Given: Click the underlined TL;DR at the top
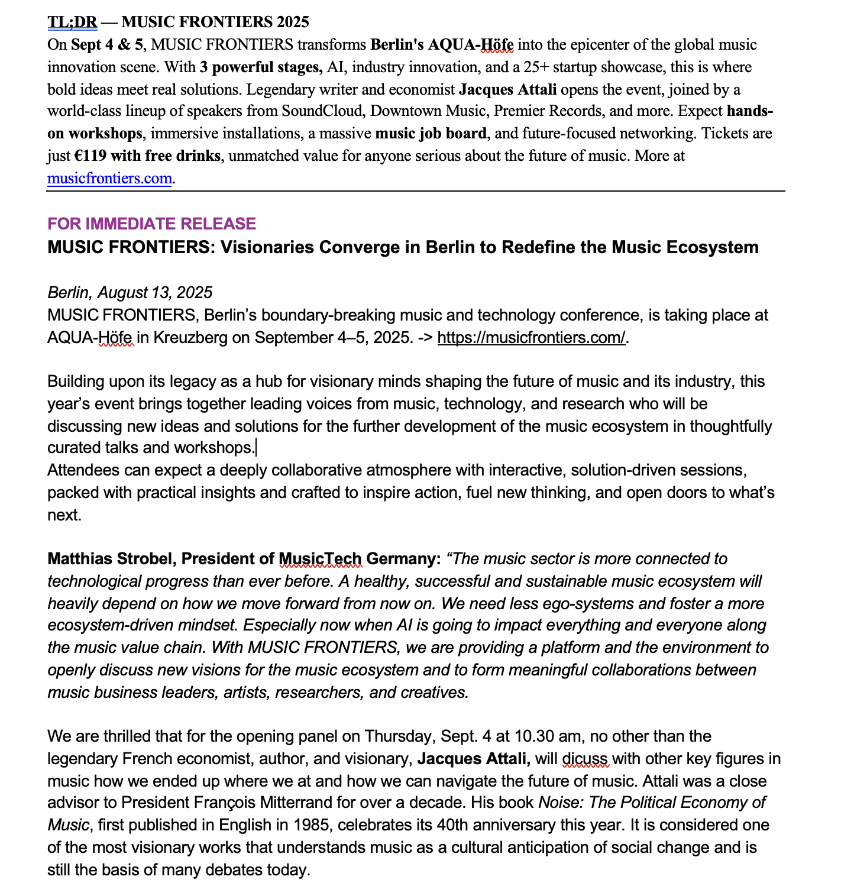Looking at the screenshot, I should tap(72, 22).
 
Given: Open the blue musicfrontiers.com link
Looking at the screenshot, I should tap(109, 178).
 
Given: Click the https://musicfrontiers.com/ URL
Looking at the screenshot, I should tap(531, 338).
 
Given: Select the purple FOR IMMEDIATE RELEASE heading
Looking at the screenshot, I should tap(151, 224).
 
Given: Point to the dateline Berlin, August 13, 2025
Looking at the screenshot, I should tap(130, 293).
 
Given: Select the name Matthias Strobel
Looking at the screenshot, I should tap(110, 559).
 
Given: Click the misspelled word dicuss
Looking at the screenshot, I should tap(584, 759).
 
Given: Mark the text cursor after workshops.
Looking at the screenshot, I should tap(256, 448).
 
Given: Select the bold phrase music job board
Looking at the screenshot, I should tap(431, 134).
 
